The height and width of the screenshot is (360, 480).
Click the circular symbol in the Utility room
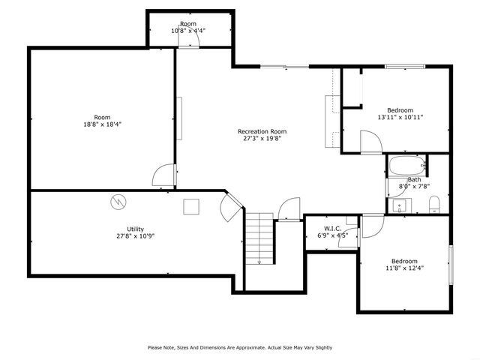[118, 202]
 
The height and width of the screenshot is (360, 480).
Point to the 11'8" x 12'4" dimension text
[404, 268]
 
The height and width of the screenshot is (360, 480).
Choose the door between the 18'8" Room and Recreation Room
[163, 175]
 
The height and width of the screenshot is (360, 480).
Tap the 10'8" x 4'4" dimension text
[188, 31]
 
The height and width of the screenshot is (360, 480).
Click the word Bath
[414, 179]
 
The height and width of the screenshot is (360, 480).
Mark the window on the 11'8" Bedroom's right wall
[451, 265]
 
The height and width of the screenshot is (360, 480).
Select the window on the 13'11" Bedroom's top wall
[406, 67]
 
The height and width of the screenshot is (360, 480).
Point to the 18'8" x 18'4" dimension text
[102, 124]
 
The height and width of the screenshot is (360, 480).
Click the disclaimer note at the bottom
[239, 347]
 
